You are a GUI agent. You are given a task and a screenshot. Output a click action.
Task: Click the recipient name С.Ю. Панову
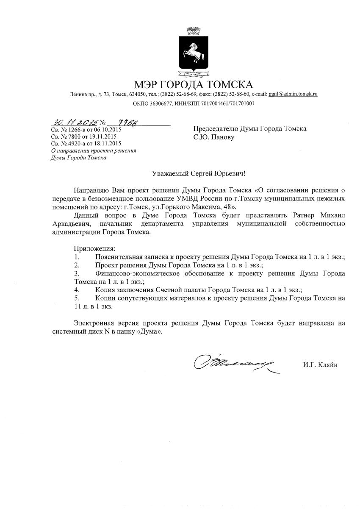tap(213, 137)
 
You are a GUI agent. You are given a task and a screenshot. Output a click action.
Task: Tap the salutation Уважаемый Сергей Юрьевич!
tap(199, 173)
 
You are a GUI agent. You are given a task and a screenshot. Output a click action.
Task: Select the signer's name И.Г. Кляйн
tap(320, 364)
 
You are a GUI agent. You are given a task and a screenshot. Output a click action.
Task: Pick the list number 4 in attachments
tap(77, 290)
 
